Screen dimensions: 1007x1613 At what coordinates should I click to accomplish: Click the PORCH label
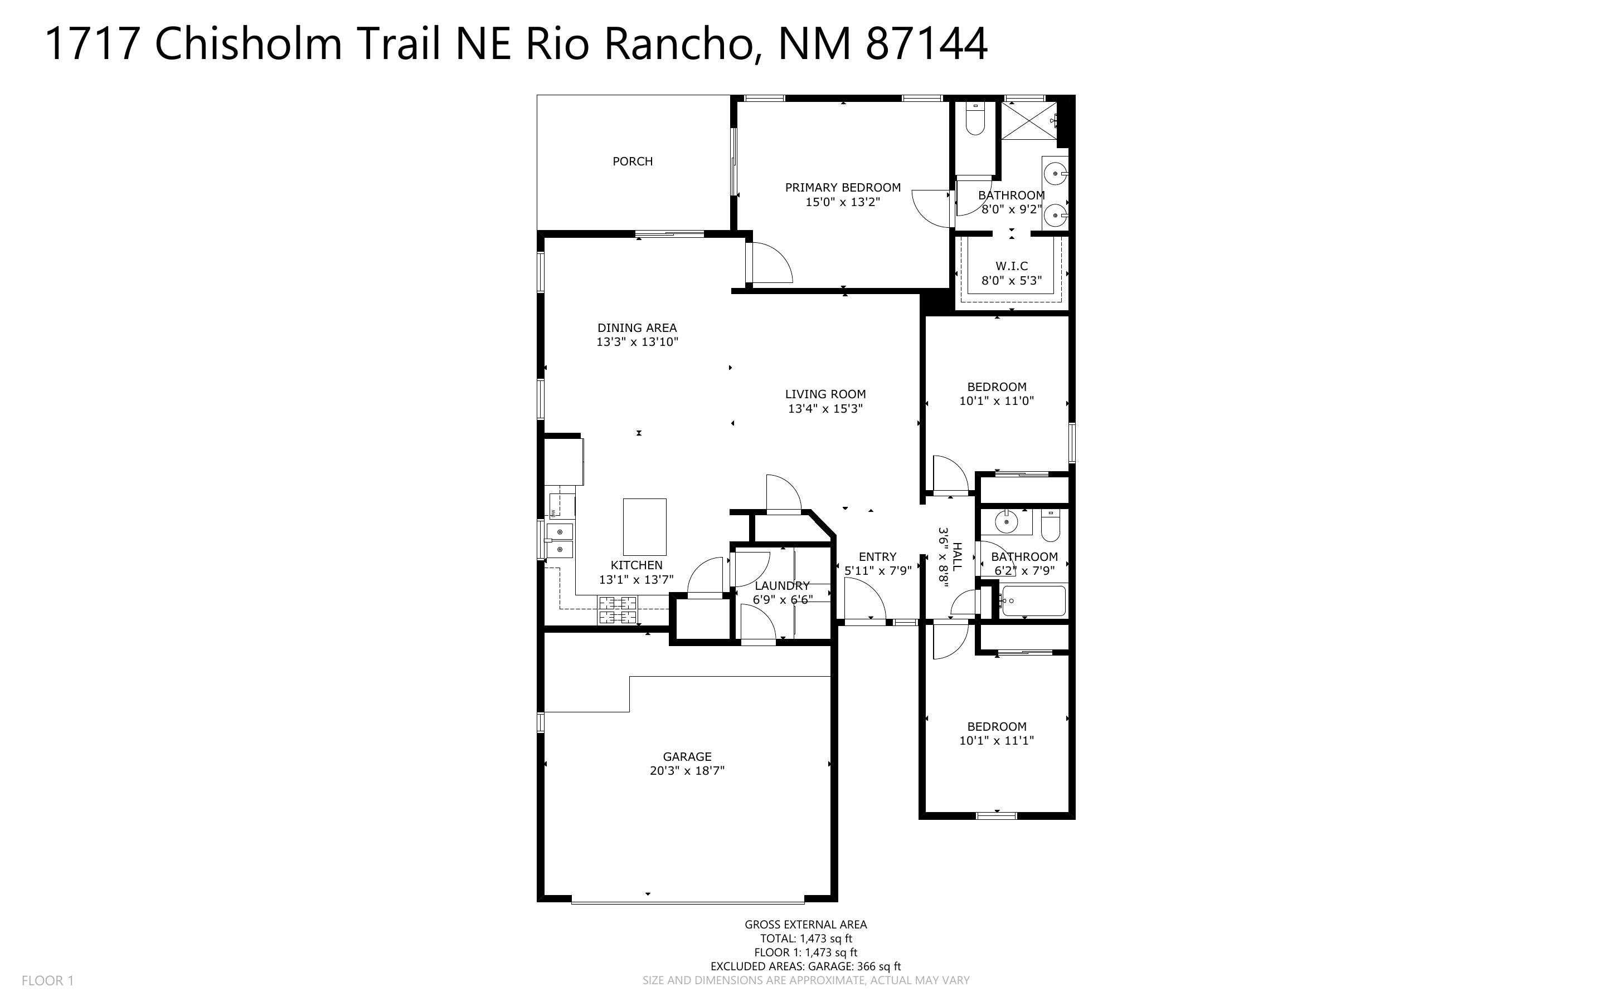[632, 161]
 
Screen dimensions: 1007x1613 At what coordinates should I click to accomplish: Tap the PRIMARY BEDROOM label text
[842, 188]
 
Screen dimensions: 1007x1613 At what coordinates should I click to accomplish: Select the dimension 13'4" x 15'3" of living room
[825, 409]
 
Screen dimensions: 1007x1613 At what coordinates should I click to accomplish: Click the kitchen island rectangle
[644, 527]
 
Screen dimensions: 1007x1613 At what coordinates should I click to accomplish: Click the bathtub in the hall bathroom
[1033, 602]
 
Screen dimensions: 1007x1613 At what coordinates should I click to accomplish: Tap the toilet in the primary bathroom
[975, 119]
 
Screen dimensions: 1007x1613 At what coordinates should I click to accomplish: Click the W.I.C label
[1012, 266]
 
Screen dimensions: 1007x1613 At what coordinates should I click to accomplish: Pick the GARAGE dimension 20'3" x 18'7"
[687, 771]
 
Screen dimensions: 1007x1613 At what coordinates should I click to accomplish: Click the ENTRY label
[877, 557]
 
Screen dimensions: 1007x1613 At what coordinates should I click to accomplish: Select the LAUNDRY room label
[781, 585]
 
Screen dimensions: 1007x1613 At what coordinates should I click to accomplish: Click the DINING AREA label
[637, 327]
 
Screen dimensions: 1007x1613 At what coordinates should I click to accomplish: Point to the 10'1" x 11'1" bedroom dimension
[996, 741]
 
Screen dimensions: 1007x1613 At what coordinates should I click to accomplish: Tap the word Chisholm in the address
[249, 44]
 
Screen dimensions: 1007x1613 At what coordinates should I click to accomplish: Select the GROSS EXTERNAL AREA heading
[805, 925]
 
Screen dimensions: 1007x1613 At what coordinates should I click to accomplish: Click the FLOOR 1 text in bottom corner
[47, 980]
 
